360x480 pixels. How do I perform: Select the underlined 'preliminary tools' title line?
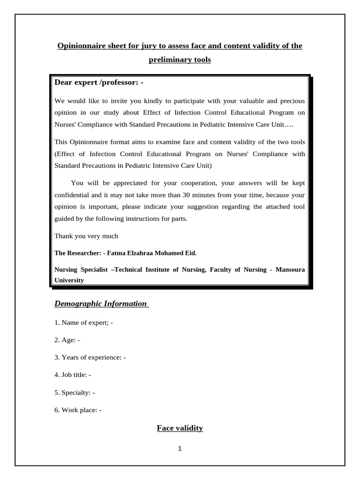pos(180,60)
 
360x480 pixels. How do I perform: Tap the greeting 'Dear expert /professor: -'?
pos(99,83)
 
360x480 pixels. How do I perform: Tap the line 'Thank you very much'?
pos(86,236)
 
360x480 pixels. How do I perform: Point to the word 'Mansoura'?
pos(290,270)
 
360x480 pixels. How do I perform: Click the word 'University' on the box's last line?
pos(69,280)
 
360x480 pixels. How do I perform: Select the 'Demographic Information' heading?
pos(101,304)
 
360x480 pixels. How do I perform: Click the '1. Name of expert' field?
pos(84,322)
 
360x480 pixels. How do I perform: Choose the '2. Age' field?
pos(67,340)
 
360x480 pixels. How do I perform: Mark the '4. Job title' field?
pos(73,375)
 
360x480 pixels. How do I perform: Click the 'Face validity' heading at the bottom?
pos(180,428)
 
